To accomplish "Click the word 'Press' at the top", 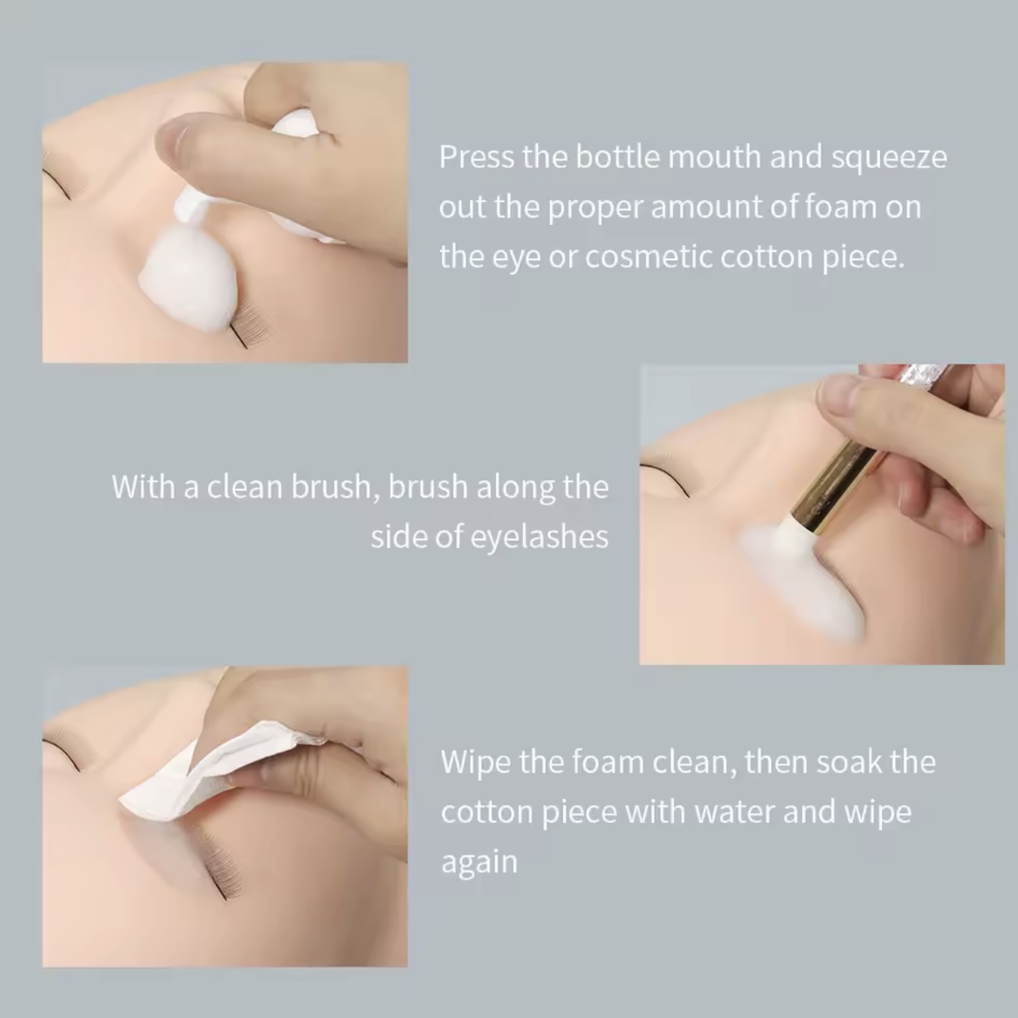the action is click(476, 157).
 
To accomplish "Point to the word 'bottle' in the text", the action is click(616, 157).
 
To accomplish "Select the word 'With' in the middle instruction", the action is click(144, 486).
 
